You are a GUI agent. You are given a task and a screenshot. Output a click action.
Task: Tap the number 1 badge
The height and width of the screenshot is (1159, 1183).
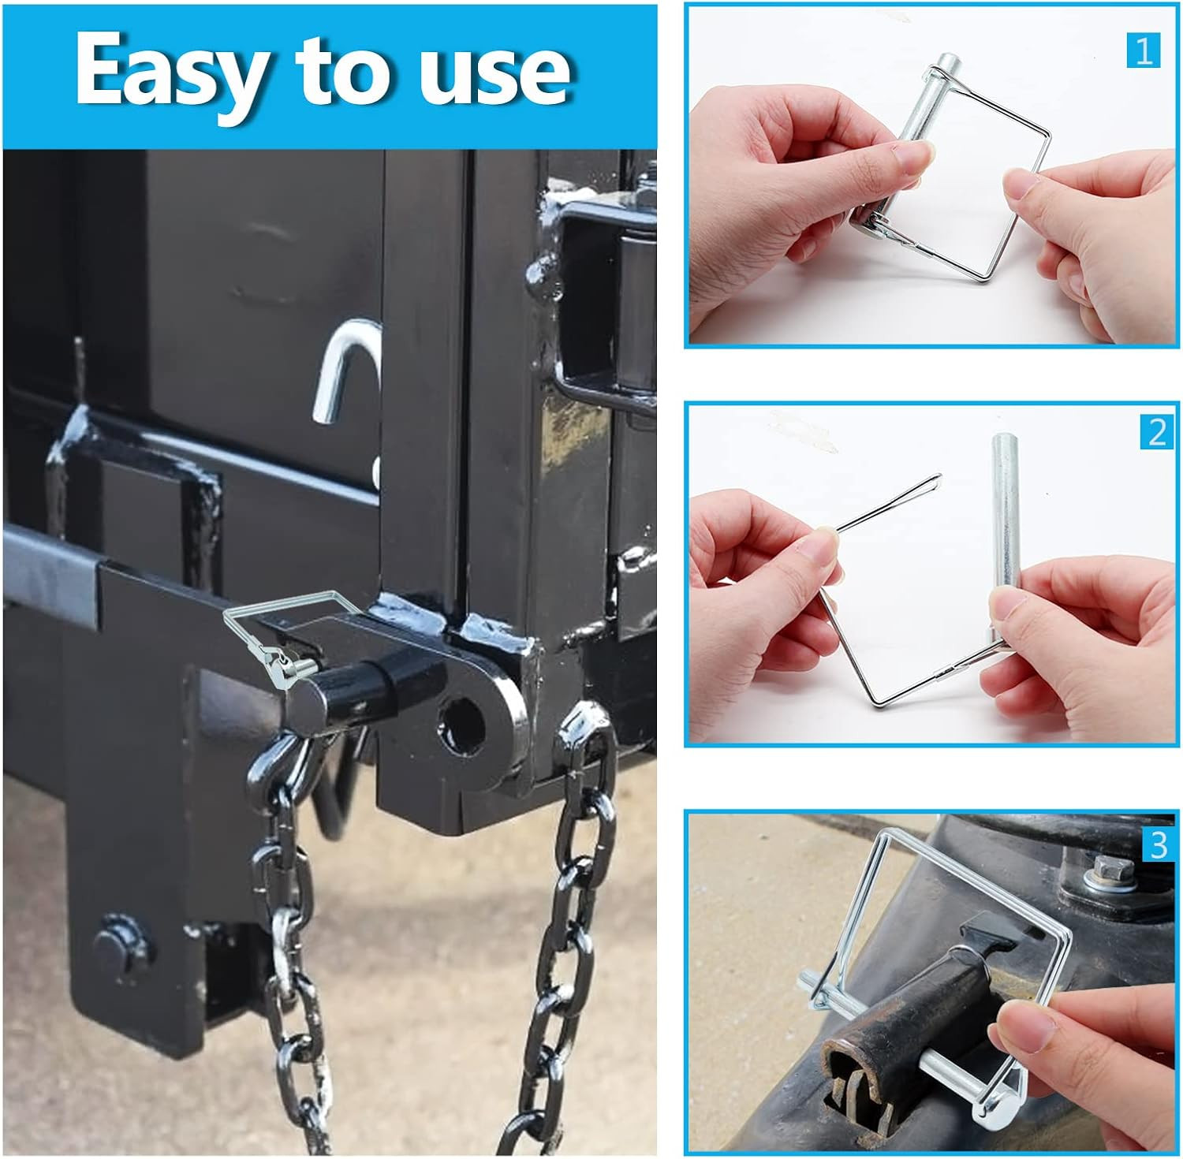coord(1143,50)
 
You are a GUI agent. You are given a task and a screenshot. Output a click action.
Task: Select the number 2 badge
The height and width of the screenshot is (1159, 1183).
coord(1156,433)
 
